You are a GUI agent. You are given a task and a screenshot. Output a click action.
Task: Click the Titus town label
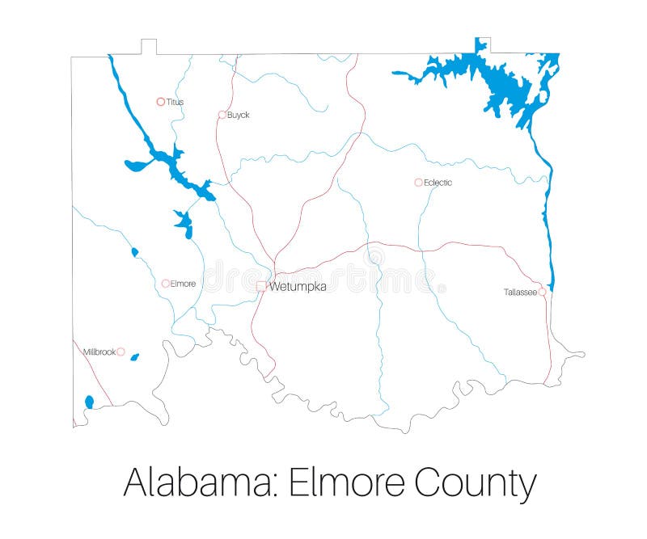(x=175, y=102)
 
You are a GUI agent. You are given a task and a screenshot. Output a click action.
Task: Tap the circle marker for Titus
(x=160, y=102)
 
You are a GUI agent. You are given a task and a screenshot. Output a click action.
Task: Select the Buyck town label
(x=238, y=115)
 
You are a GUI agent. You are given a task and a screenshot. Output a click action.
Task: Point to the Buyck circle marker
(x=222, y=115)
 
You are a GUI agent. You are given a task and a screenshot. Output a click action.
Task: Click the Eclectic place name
(x=438, y=183)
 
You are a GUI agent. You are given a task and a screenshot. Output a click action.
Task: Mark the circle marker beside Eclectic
(x=418, y=183)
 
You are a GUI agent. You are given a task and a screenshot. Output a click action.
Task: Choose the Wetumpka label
(x=298, y=286)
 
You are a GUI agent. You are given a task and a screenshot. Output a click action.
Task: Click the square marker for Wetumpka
(x=260, y=286)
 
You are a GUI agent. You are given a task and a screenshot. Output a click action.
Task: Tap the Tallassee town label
(x=520, y=292)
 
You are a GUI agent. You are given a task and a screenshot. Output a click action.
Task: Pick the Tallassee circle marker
(x=542, y=292)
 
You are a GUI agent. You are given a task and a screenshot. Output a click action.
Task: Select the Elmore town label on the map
(x=183, y=284)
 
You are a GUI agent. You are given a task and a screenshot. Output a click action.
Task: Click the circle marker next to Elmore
(x=165, y=284)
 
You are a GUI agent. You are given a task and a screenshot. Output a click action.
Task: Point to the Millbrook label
(x=99, y=352)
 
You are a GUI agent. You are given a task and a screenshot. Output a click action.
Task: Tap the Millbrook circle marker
(x=121, y=352)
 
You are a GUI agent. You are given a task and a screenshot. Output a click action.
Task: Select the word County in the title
(x=476, y=482)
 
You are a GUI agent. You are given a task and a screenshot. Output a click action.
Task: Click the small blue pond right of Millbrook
(x=134, y=356)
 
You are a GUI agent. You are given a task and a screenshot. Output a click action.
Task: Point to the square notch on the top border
(x=148, y=46)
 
